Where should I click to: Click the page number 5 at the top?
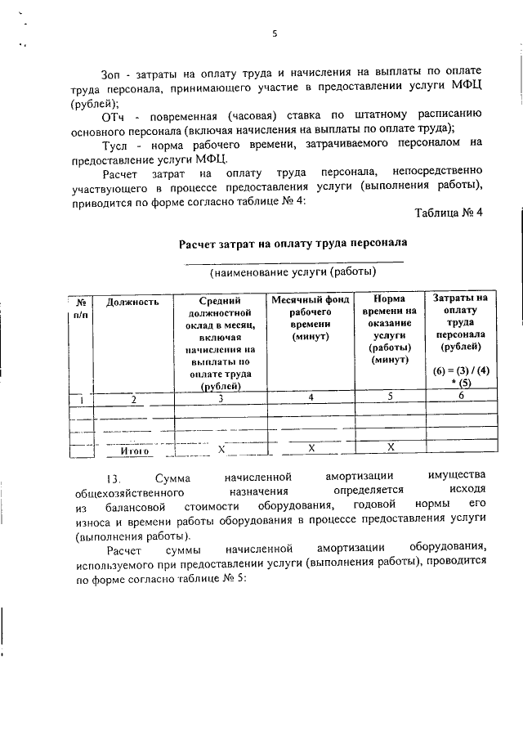click(x=275, y=34)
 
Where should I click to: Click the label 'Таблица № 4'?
click(x=449, y=214)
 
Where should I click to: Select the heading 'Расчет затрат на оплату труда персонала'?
click(x=293, y=243)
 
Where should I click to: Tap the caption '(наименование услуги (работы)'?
click(x=293, y=271)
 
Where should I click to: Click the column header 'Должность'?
click(x=132, y=302)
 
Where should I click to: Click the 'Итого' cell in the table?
click(x=134, y=451)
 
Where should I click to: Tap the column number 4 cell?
click(x=311, y=397)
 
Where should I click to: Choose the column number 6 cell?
click(x=462, y=396)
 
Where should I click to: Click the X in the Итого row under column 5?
click(x=391, y=447)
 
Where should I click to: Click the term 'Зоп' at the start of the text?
click(x=112, y=76)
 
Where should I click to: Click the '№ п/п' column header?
click(x=81, y=307)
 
